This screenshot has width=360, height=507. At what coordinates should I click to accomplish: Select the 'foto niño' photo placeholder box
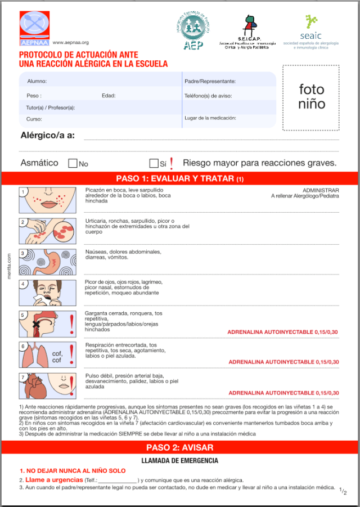click(x=311, y=97)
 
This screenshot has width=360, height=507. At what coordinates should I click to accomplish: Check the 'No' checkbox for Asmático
click(x=73, y=164)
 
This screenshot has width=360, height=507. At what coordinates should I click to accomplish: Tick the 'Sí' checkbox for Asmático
click(x=154, y=164)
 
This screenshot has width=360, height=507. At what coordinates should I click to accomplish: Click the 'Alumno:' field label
click(x=37, y=82)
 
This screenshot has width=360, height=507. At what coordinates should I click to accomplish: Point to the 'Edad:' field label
click(x=109, y=96)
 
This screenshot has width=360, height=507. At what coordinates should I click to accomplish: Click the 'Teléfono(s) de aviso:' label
click(x=208, y=96)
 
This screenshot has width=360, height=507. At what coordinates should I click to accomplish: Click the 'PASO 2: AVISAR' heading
click(x=179, y=448)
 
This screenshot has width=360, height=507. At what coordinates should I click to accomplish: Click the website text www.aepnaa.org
click(x=71, y=42)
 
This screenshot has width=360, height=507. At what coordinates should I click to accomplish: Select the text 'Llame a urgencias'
click(x=54, y=480)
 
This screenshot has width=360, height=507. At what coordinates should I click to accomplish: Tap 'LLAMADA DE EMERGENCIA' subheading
click(x=179, y=461)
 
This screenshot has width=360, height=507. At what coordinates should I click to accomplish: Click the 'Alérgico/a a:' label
click(x=47, y=135)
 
